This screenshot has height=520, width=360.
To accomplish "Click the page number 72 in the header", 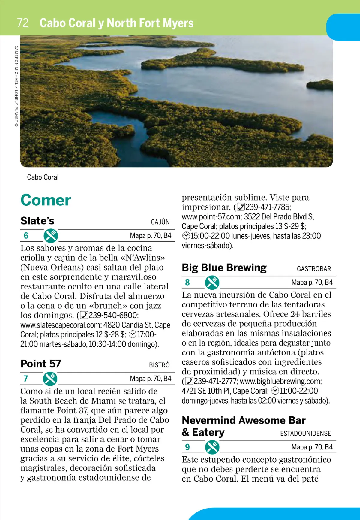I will click(23, 23).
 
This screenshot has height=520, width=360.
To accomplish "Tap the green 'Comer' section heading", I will click(46, 200).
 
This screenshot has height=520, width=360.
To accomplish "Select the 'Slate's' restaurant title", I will click(37, 221).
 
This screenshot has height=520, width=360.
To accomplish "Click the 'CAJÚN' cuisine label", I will click(160, 222).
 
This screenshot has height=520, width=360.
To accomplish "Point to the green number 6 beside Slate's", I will click(26, 236).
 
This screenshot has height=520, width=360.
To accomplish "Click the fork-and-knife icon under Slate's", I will click(51, 236).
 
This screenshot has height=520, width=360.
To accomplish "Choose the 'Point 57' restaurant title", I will click(41, 364).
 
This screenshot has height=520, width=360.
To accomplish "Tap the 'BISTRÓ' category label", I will click(159, 365).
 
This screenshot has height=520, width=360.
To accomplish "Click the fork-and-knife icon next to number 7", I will click(50, 379).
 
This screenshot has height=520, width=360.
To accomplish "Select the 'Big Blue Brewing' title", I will click(224, 268).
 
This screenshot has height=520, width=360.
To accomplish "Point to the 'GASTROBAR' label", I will click(314, 269).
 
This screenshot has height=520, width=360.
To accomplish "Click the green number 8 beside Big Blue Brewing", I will click(187, 282).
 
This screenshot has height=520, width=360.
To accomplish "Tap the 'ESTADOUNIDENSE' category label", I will click(305, 434).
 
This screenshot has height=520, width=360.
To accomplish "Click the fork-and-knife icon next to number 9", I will click(212, 447).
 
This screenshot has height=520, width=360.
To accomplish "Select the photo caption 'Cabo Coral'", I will click(43, 177).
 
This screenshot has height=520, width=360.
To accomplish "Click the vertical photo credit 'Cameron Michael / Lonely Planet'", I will click(16, 86).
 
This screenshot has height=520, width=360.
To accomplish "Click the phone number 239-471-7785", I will click(268, 207).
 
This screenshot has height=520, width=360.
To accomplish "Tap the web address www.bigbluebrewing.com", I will click(280, 382).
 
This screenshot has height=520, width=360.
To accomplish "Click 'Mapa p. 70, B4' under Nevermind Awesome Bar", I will click(312, 447).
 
